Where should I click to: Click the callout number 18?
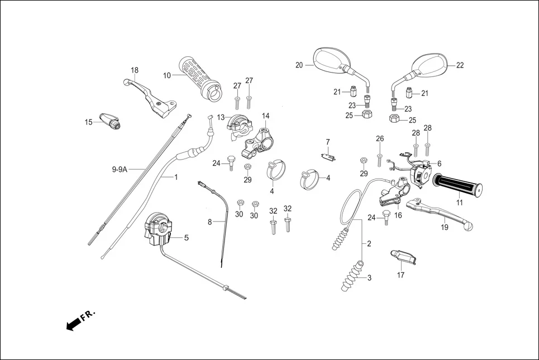click(x=135, y=70)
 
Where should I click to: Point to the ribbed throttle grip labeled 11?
click(x=459, y=186)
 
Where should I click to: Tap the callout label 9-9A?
click(x=120, y=169)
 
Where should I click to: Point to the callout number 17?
click(x=400, y=275)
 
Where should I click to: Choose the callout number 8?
click(x=210, y=222)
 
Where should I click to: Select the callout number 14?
click(x=266, y=116)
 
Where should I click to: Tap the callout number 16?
click(x=398, y=215)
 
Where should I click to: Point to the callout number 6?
click(x=439, y=164)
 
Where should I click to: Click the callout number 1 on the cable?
click(x=175, y=177)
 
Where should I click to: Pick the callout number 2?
click(x=369, y=244)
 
